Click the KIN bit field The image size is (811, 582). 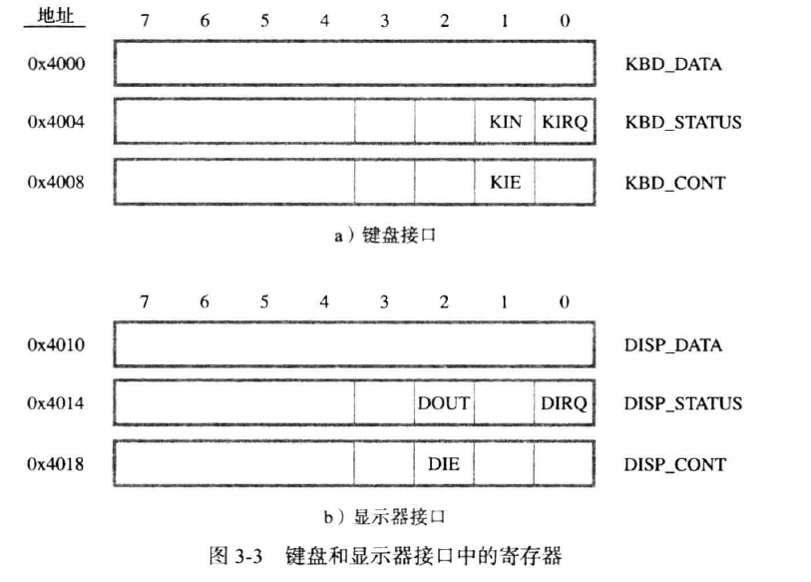(505, 123)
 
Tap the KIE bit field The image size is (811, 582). (505, 183)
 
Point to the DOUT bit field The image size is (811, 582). (444, 403)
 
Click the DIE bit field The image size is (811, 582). (444, 463)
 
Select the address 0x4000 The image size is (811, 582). (58, 64)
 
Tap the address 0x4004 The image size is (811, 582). (58, 123)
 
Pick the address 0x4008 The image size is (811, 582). (58, 183)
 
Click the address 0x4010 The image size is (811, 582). (58, 344)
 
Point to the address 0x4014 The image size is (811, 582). (58, 403)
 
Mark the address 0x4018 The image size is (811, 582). (58, 463)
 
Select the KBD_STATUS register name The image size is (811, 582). (683, 123)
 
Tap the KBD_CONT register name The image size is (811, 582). (675, 183)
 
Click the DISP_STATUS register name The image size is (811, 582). (683, 403)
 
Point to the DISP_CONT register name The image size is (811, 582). (675, 463)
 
